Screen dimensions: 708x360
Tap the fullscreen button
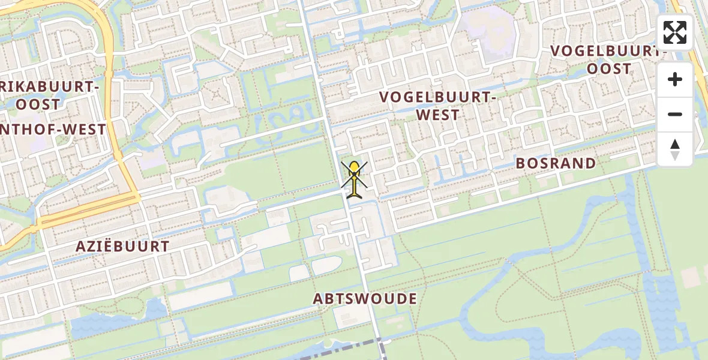point(675,32)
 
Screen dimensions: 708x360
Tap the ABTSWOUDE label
point(365,299)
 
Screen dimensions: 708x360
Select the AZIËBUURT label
point(123,246)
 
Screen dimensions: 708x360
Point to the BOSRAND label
point(556,163)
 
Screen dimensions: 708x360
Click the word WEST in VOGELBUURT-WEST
point(437,115)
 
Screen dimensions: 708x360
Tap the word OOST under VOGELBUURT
point(609,69)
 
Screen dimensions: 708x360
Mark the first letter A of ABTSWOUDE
point(319,299)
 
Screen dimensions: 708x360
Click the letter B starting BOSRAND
point(521,163)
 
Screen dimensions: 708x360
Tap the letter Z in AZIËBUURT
point(92,246)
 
